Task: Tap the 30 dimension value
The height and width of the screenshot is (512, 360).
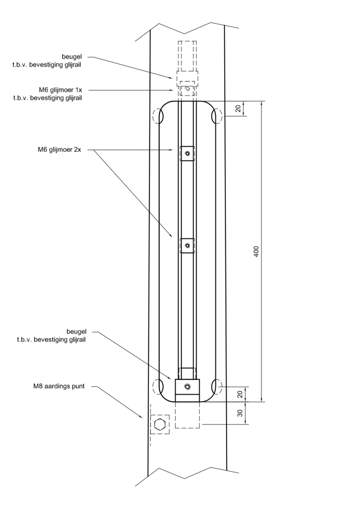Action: (x=240, y=414)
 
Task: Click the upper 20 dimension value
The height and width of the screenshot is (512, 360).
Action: (x=238, y=108)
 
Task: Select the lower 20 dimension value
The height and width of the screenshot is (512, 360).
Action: (x=240, y=395)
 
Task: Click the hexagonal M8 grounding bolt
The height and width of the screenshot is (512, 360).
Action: (x=160, y=424)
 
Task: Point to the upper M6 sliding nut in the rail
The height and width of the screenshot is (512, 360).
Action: (x=187, y=153)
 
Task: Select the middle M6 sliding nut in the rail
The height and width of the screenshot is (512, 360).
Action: (x=187, y=245)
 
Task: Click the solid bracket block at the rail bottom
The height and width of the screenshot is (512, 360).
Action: (x=187, y=388)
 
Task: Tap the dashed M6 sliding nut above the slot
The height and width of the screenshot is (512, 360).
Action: (x=188, y=89)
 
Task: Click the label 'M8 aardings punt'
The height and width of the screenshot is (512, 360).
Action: (x=59, y=386)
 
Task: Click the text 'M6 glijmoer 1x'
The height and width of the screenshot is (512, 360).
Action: (x=60, y=89)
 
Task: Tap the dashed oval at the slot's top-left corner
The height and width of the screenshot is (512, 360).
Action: (x=159, y=116)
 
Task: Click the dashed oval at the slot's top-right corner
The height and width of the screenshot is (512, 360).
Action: (x=216, y=116)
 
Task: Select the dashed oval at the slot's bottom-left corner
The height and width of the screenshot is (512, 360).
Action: (x=159, y=387)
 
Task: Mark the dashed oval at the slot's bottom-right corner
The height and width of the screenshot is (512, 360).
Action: (x=216, y=387)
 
